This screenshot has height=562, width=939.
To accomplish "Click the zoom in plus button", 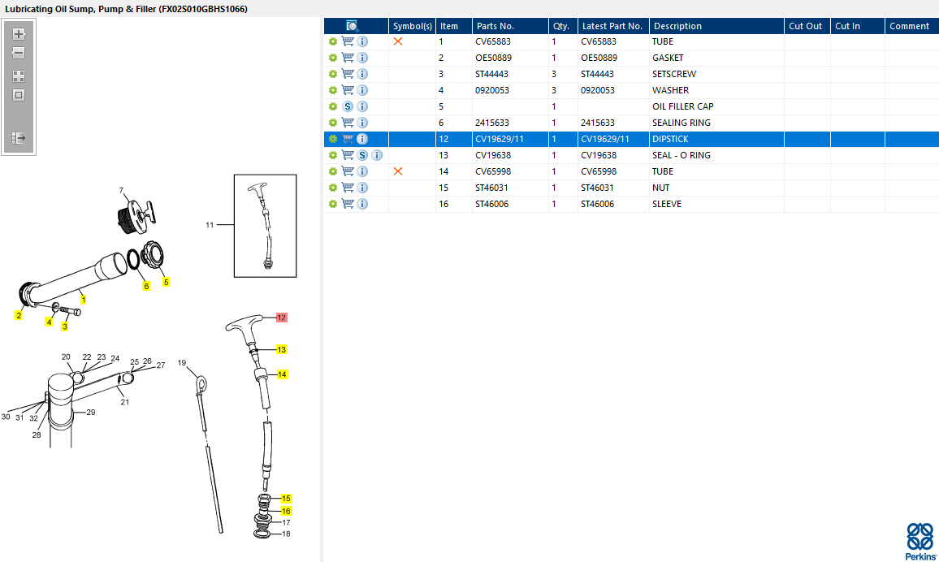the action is coord(19,34).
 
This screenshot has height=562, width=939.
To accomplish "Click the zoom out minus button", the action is coord(19,53).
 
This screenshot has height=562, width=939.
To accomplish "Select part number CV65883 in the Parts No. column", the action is coord(493,42).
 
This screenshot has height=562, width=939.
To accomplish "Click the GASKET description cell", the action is coord(668,58).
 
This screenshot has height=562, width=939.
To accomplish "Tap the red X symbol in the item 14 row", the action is coord(398,171).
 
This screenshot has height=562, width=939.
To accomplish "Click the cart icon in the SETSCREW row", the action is coord(348,74).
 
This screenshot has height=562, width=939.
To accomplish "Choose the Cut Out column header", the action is coord(806,26).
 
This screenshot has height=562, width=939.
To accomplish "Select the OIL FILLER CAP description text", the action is coord(682,106).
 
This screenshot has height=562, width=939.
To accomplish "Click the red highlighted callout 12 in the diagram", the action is coord(282,318).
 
